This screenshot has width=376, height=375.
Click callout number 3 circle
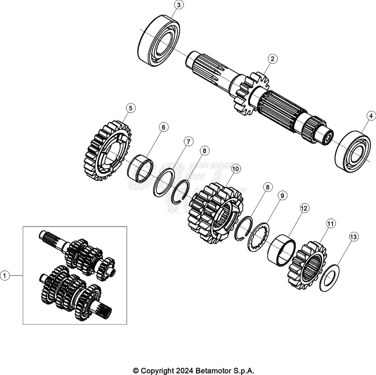point(178,5)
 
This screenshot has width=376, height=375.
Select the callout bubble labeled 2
point(272,58)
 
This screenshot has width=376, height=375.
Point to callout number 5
point(131,108)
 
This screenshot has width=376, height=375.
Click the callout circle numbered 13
point(353,237)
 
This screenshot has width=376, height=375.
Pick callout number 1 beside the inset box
point(5,275)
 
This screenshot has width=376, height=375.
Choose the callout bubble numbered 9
point(282,196)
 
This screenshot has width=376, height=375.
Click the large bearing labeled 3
point(159,40)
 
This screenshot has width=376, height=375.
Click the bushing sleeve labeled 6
point(141,168)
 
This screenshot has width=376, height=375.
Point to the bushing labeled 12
point(282,250)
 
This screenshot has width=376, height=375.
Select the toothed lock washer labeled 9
point(258,237)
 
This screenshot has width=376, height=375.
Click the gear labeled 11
point(307,264)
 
